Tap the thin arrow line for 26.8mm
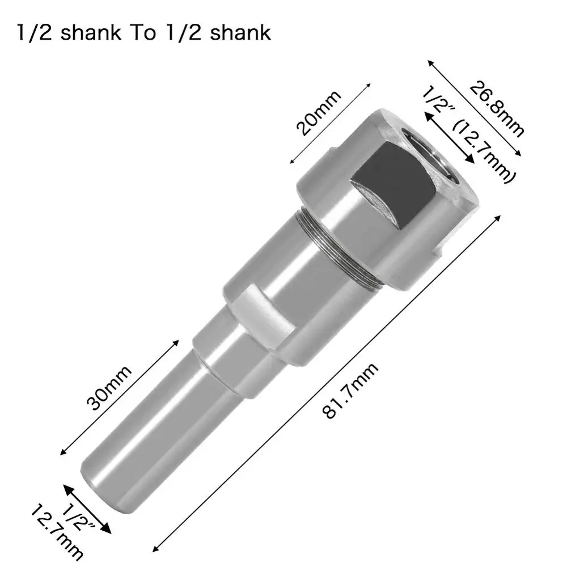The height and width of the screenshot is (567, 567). pos(473,108)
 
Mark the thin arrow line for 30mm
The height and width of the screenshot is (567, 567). pos(119,397)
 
